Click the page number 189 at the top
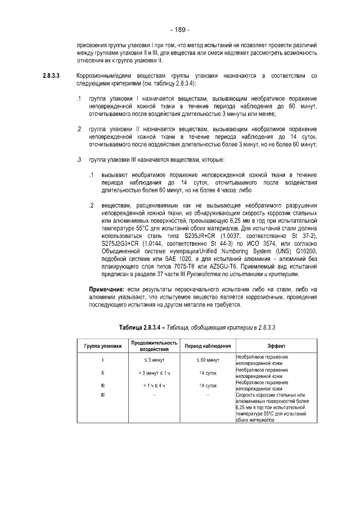pyautogui.click(x=180, y=29)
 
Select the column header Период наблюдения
pyautogui.click(x=207, y=345)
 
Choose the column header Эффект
pyautogui.click(x=275, y=345)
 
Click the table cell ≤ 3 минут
pyautogui.click(x=154, y=359)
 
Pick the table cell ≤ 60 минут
pyautogui.click(x=207, y=359)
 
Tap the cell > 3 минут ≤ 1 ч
pyautogui.click(x=154, y=372)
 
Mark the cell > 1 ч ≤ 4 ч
pyautogui.click(x=154, y=386)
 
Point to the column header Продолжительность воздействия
pyautogui.click(x=154, y=345)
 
